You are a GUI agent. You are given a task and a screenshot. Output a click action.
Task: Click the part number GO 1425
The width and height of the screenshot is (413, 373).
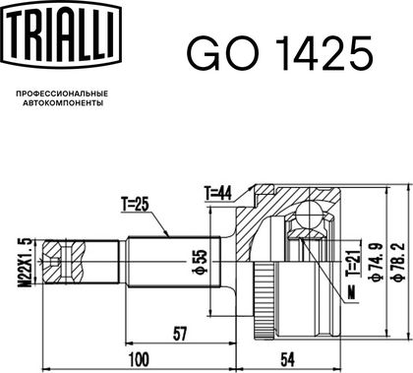pos(280,53)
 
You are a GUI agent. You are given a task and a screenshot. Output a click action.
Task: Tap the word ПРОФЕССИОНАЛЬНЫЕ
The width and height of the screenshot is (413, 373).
pos(62,94)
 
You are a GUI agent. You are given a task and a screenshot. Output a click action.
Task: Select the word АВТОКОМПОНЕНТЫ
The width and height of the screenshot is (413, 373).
pos(63,103)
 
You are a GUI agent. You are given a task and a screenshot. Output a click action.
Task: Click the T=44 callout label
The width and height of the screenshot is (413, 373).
pos(218,193)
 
